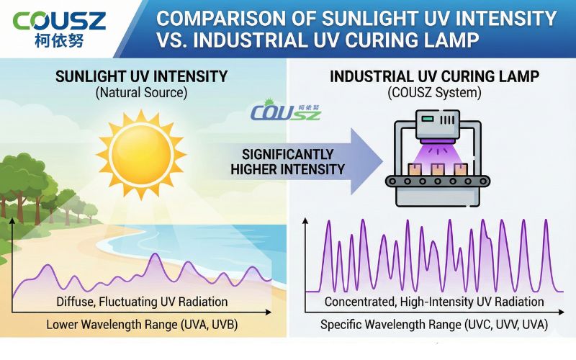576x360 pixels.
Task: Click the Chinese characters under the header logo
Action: tap(59, 40)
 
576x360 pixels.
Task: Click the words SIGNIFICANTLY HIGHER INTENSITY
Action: tap(287, 162)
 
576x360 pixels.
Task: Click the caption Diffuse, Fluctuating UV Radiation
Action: tap(142, 301)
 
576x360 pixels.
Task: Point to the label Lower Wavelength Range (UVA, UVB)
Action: tap(142, 325)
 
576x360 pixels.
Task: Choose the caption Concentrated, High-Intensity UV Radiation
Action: tap(434, 301)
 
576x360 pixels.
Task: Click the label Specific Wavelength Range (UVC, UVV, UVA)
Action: tap(434, 325)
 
